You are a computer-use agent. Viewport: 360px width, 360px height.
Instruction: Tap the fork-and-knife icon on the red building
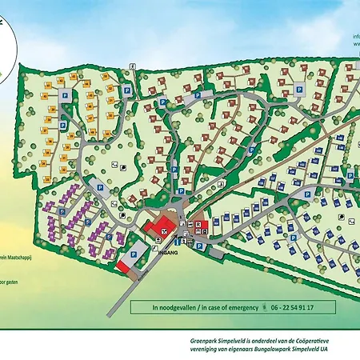164,230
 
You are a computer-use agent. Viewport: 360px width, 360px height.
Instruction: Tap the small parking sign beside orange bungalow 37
65,95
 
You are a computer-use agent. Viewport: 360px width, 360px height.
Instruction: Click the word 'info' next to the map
354,36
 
